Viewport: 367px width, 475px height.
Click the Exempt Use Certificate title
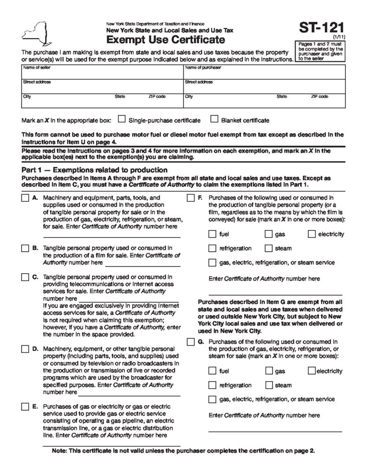coord(166,40)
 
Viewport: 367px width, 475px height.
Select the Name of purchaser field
coord(264,72)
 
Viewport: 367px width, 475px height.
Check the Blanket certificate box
coord(214,119)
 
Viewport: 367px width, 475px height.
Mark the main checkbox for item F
coord(190,198)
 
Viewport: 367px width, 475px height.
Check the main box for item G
coord(190,342)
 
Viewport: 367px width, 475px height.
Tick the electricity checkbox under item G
coord(311,371)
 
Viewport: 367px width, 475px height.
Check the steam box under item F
coord(269,248)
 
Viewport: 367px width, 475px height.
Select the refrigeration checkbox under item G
coord(212,385)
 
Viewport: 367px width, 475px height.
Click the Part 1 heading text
coord(91,170)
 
